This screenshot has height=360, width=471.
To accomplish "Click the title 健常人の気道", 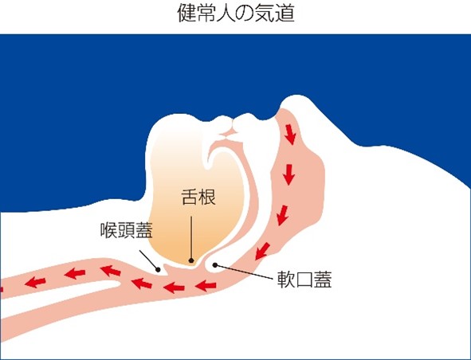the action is [x=236, y=14].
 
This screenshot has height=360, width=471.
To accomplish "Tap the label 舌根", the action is [x=198, y=198].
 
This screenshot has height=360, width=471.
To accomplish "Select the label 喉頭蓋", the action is [x=127, y=230].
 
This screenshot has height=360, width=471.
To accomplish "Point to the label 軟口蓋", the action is [x=304, y=280].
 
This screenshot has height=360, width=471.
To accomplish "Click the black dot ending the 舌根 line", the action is [x=191, y=260].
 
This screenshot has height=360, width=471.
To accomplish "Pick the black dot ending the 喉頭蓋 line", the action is [x=158, y=270].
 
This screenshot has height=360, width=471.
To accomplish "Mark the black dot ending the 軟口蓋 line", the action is [x=215, y=264].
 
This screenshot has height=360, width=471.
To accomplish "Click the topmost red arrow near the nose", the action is [x=290, y=135].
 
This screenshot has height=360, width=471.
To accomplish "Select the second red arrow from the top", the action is [x=289, y=174].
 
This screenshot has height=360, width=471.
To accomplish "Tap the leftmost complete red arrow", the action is [x=35, y=282].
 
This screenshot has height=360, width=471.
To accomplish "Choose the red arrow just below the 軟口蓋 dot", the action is [x=206, y=286].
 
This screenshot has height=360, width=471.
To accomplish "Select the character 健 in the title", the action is [x=186, y=14].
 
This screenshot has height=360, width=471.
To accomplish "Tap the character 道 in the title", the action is [x=285, y=14].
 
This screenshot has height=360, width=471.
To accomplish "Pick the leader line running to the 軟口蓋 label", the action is [x=244, y=272].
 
